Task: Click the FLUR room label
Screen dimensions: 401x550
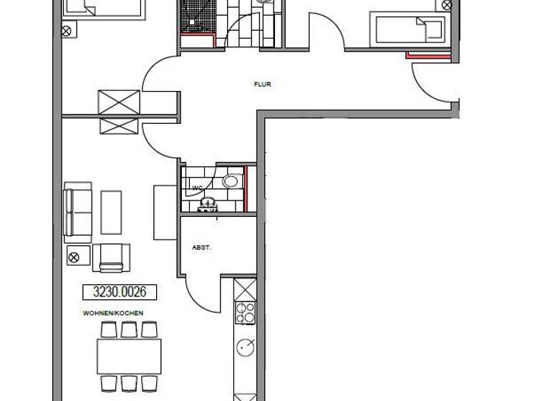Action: point(263,84)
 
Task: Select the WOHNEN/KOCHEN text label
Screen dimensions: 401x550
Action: point(113,313)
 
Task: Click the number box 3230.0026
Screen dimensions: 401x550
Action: point(120,291)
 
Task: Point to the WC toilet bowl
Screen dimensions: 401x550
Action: point(231,180)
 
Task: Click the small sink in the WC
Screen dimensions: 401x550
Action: point(208,203)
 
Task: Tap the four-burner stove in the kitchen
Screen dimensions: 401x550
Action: point(246,312)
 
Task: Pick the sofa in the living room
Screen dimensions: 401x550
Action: point(78,211)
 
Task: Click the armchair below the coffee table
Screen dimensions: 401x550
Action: point(111,257)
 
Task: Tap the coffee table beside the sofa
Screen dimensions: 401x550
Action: point(111,211)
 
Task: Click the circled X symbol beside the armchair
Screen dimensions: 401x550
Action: point(74,256)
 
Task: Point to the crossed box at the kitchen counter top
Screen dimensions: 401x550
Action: point(245,289)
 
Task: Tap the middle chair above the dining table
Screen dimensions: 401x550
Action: point(129,329)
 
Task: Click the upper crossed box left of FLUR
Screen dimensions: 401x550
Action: point(119,101)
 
